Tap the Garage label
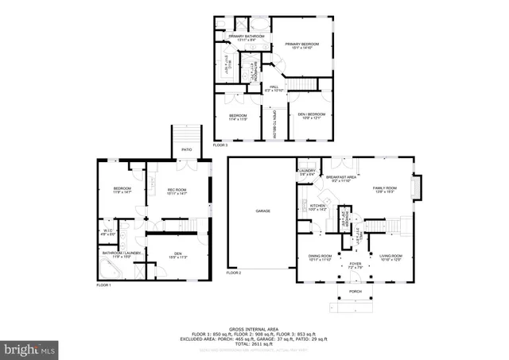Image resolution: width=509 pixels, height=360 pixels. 262,211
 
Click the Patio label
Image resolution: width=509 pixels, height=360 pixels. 186,149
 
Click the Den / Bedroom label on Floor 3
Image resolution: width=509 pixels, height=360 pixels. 309,117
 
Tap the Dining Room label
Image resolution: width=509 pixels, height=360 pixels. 319,256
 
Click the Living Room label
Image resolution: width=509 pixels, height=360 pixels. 390,256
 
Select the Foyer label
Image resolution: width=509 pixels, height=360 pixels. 355,265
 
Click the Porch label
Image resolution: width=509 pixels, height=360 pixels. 356,292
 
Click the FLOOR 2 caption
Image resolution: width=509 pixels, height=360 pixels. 233,273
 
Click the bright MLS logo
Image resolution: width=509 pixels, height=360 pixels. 29,348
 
